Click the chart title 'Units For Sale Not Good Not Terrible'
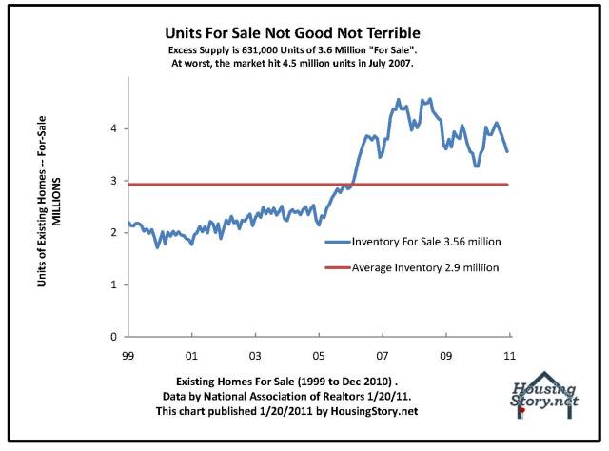click(304, 31)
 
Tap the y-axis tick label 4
click(113, 128)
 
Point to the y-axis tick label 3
click(113, 181)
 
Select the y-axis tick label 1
click(113, 284)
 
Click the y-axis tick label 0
click(113, 337)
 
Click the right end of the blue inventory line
click(508, 151)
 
